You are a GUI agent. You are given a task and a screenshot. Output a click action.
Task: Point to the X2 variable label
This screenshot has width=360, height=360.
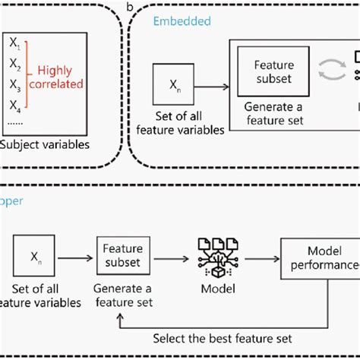tap(15, 66)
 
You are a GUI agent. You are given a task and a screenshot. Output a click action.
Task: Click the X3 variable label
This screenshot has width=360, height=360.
tap(15, 85)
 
